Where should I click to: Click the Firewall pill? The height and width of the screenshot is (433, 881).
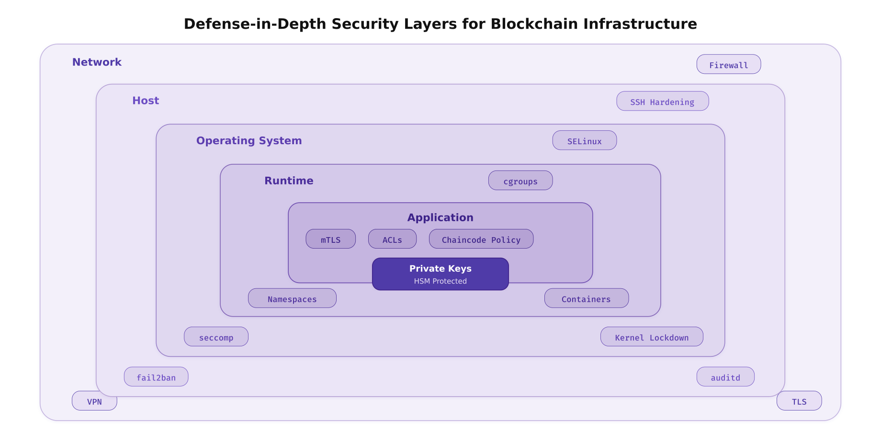[728, 64]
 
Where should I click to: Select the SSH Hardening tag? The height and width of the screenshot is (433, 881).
[662, 101]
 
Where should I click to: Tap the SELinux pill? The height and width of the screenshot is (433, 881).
[584, 140]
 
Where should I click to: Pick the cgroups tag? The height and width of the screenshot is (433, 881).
[520, 181]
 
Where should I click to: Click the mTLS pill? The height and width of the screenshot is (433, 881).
[330, 239]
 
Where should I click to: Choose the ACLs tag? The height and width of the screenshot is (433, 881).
[392, 239]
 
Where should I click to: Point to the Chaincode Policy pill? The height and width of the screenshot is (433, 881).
[481, 239]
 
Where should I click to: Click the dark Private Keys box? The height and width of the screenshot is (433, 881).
[440, 274]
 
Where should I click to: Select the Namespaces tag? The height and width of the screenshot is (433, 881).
[292, 298]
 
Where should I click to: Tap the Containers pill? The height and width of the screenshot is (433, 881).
[586, 298]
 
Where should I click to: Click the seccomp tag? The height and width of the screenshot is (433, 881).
[216, 337]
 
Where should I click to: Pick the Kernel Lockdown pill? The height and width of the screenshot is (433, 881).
[651, 337]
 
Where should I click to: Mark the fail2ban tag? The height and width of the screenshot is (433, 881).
[156, 377]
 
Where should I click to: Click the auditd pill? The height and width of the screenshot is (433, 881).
[725, 377]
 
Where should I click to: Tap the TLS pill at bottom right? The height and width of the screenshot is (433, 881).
[799, 401]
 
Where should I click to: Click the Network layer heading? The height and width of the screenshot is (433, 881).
[97, 62]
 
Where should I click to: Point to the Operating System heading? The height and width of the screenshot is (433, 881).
[249, 141]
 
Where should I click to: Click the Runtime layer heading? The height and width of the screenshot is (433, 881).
[289, 181]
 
